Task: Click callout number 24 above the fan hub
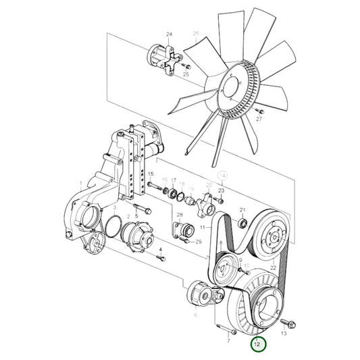(170, 34)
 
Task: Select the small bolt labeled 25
(188, 66)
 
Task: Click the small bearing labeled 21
(242, 222)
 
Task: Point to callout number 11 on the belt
(201, 228)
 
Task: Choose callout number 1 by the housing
(80, 183)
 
